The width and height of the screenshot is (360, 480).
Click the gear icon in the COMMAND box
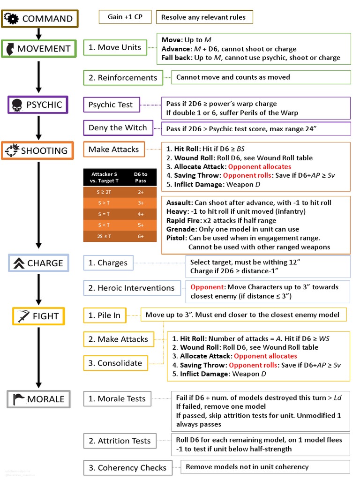click(x=12, y=19)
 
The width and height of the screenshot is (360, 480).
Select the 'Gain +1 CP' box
click(x=125, y=17)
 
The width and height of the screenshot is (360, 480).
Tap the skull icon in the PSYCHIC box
click(x=17, y=105)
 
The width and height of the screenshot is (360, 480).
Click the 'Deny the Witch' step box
click(x=118, y=128)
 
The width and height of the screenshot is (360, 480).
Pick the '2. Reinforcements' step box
click(x=123, y=78)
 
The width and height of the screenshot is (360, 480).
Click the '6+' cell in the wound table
click(x=141, y=236)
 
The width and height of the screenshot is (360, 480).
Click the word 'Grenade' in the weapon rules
click(x=180, y=230)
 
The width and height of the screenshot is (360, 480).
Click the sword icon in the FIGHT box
click(x=22, y=316)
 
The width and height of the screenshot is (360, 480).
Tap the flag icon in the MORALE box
click(x=18, y=399)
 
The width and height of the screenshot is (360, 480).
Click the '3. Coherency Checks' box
click(x=127, y=468)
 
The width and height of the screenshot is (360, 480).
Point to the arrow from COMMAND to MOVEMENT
click(x=39, y=33)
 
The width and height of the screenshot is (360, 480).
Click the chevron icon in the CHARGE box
click(x=19, y=263)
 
